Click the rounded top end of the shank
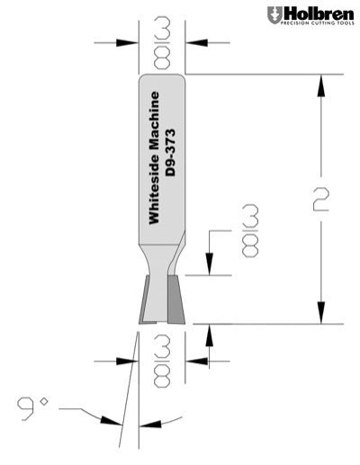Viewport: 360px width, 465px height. (164, 79)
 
